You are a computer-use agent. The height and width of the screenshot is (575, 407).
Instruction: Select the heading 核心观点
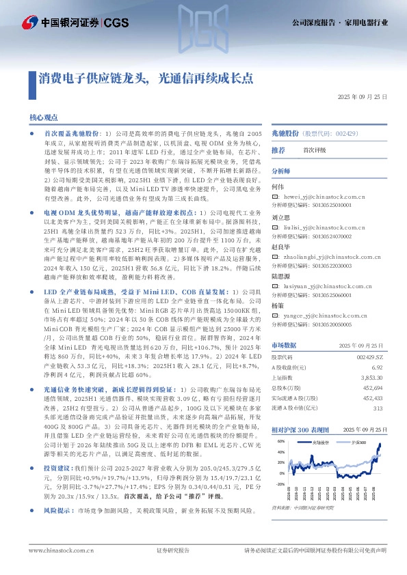pyautogui.click(x=44, y=118)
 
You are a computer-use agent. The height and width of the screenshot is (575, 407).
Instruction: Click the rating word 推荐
pyautogui.click(x=278, y=150)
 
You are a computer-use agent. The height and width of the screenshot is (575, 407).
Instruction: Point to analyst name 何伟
pyautogui.click(x=277, y=186)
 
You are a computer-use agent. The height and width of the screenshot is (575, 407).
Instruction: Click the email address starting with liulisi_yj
pyautogui.click(x=318, y=225)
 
